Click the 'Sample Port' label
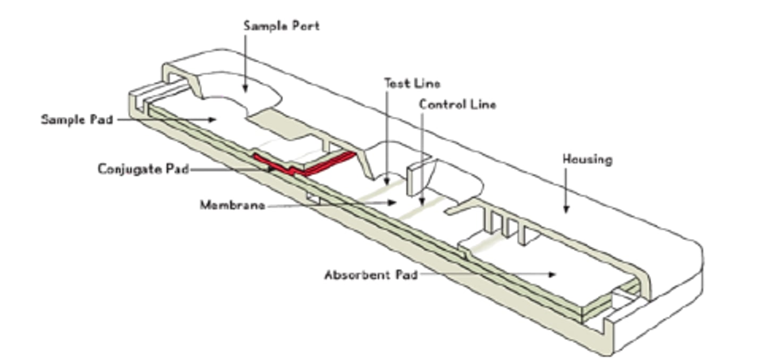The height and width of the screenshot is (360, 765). [x=281, y=25]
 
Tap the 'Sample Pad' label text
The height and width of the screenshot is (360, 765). [x=78, y=119]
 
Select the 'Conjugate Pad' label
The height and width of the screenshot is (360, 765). [x=143, y=169]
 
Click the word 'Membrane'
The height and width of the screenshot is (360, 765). [x=232, y=205]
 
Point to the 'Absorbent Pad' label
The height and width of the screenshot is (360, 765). [x=371, y=275]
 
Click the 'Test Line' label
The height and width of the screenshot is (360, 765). [x=412, y=83]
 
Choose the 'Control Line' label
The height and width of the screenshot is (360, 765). [x=457, y=105]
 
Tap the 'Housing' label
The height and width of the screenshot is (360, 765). [x=587, y=159]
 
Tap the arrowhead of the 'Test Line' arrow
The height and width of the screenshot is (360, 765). [x=388, y=182]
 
